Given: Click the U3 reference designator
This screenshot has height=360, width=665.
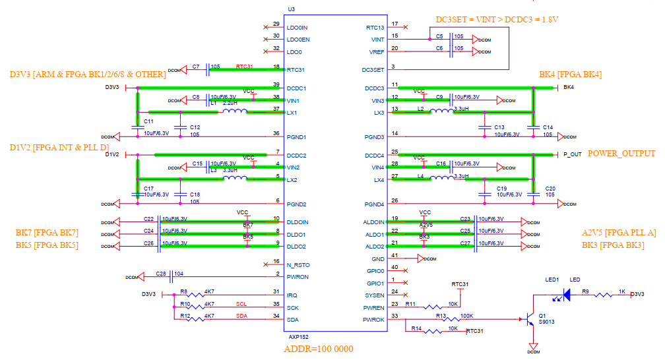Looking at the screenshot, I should pos(292,9).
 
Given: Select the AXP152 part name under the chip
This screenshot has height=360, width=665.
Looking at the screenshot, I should pos(298,336).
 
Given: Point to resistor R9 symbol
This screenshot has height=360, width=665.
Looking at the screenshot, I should pos(603,295).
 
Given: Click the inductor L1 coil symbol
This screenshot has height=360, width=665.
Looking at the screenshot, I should pos(234,111).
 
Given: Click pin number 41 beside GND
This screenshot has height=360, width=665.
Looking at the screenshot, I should pos(395,256).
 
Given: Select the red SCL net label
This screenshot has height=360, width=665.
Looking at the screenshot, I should pos(241,304).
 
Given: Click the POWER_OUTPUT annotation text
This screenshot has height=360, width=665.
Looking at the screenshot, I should pos(621,154).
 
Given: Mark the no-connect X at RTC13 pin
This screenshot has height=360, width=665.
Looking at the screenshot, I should pos(404,27).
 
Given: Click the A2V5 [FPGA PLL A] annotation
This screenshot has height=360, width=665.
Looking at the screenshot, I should pos(619,233).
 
